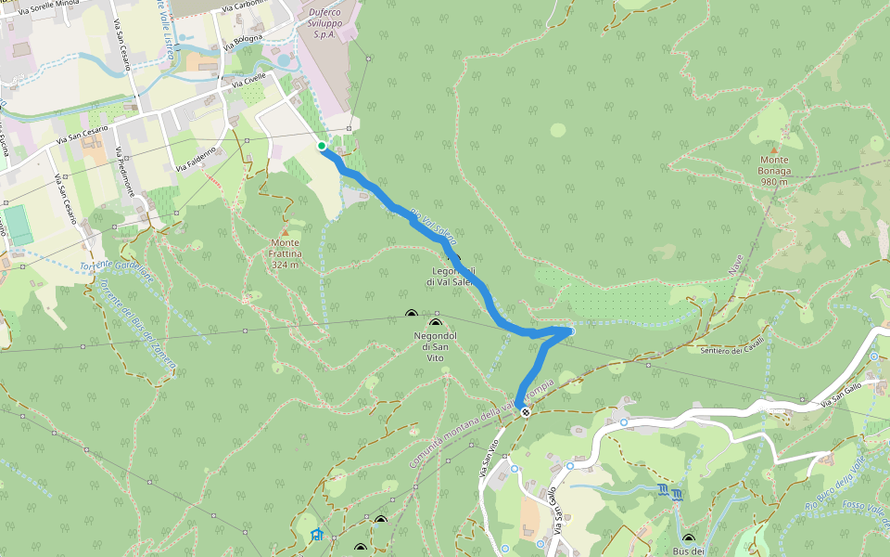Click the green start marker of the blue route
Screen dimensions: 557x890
(x=322, y=146)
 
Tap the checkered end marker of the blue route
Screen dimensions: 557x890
(x=526, y=411)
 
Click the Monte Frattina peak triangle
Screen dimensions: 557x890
(x=286, y=231)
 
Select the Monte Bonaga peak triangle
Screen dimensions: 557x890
(x=774, y=148)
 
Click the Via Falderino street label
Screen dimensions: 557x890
(x=196, y=159)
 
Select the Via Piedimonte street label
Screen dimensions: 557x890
(x=127, y=172)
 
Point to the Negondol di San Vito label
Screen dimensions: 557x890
(x=435, y=344)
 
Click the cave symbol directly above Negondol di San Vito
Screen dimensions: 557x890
(x=435, y=322)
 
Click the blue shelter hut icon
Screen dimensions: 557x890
(x=317, y=534)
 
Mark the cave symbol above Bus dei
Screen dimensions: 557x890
(x=688, y=538)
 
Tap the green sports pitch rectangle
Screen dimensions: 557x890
(x=18, y=225)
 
